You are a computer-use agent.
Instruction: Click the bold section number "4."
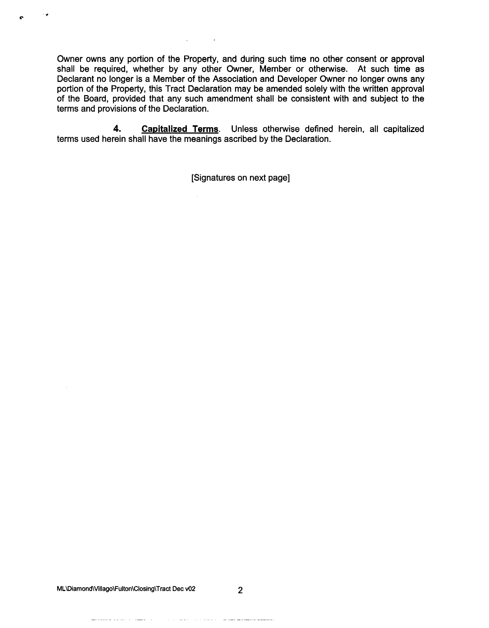click(x=117, y=129)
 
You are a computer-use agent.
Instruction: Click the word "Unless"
click(x=244, y=129)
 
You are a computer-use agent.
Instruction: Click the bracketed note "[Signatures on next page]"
click(x=240, y=178)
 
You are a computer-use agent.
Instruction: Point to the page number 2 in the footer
click(x=240, y=590)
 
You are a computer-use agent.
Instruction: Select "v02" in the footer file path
click(x=190, y=589)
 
